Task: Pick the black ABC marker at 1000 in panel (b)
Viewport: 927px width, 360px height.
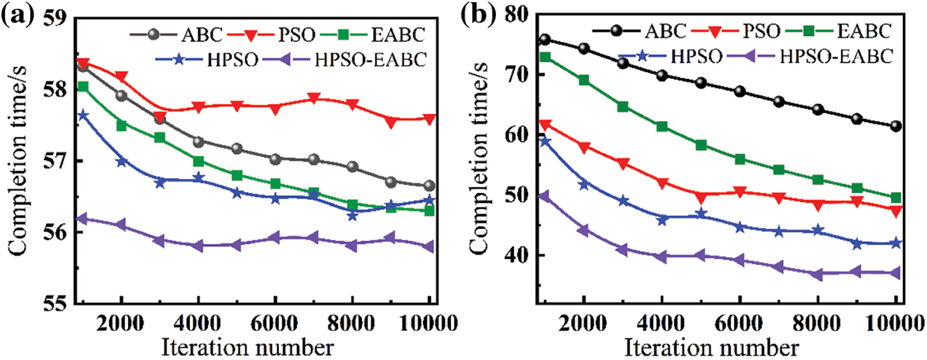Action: click(x=545, y=39)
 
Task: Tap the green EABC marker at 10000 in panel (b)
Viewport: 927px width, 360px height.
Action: click(x=896, y=198)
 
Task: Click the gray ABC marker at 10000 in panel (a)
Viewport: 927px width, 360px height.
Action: click(x=429, y=186)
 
